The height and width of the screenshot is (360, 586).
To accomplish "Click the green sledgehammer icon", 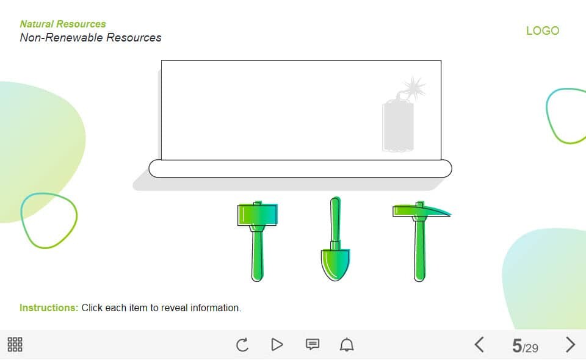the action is pyautogui.click(x=257, y=241).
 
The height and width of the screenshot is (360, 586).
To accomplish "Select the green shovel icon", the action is pyautogui.click(x=335, y=239).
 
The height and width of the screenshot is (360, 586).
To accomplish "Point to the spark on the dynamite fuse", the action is pyautogui.click(x=414, y=87).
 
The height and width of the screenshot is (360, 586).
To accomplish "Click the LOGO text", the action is pyautogui.click(x=543, y=31).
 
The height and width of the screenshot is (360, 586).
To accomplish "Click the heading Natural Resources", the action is pyautogui.click(x=63, y=24).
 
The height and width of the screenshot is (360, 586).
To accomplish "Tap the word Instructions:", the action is pyautogui.click(x=49, y=308).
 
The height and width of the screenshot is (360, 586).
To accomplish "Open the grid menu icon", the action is pyautogui.click(x=15, y=344).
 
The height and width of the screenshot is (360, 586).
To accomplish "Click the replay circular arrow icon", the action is pyautogui.click(x=242, y=345).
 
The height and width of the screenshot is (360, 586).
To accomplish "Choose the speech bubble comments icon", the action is pyautogui.click(x=313, y=344).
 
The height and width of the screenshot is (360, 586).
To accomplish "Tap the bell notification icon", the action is pyautogui.click(x=347, y=344).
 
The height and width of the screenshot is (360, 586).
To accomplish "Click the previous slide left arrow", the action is pyautogui.click(x=480, y=345).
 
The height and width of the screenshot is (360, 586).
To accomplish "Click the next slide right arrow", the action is pyautogui.click(x=570, y=345).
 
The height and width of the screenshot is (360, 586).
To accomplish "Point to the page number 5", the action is pyautogui.click(x=517, y=346).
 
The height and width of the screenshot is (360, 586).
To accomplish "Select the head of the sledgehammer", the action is pyautogui.click(x=258, y=214).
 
